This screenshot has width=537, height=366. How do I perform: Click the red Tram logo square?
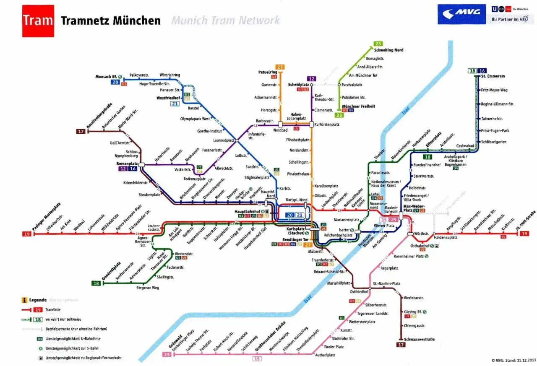tap(38, 21)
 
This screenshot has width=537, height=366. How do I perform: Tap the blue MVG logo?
tap(461, 14)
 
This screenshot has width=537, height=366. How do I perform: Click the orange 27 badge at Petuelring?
tap(280, 67)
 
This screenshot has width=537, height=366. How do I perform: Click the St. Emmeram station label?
tap(493, 76)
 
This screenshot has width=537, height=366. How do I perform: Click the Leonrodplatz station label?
tap(223, 140)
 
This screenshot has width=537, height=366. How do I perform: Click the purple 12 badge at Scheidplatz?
tap(311, 79)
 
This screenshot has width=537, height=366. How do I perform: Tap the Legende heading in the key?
tap(38, 300)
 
